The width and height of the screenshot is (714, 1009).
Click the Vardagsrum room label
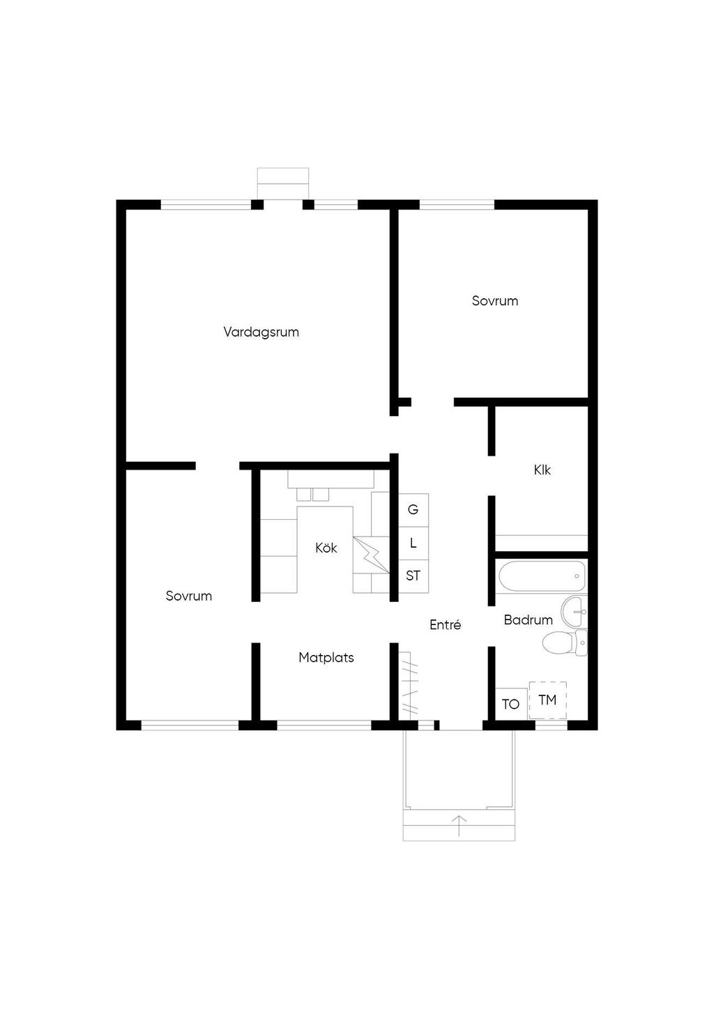tap(261, 333)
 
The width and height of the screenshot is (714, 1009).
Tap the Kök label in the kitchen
tap(326, 548)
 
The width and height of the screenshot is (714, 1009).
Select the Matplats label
tap(326, 658)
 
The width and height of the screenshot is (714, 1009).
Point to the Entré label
tap(445, 625)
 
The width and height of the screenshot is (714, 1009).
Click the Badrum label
tap(529, 619)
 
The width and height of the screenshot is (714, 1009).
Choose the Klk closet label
tap(542, 470)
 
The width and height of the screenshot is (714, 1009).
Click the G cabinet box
tap(413, 510)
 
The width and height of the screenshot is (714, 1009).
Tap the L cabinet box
tap(413, 544)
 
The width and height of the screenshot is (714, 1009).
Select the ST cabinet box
tap(413, 576)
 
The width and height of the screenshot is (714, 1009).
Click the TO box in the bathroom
tap(511, 704)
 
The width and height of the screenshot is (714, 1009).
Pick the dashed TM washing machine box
tap(547, 700)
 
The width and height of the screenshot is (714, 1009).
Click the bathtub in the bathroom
tap(542, 576)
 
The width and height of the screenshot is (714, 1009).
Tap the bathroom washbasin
tap(574, 611)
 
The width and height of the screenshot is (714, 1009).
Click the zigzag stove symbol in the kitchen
tap(371, 555)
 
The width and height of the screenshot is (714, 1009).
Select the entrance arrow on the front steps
tap(459, 826)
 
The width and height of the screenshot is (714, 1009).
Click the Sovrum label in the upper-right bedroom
tap(495, 301)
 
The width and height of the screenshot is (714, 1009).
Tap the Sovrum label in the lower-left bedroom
tap(188, 596)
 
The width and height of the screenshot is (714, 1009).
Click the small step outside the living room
tap(283, 183)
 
